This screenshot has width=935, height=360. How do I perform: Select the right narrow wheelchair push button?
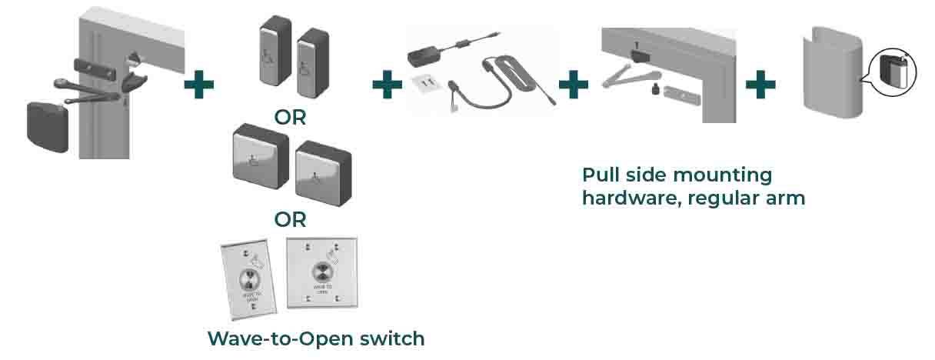[312, 64]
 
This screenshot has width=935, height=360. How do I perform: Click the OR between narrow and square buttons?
[290, 118]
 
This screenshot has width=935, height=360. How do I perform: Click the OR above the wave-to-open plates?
[290, 219]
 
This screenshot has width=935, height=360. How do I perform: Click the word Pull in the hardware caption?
[600, 175]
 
